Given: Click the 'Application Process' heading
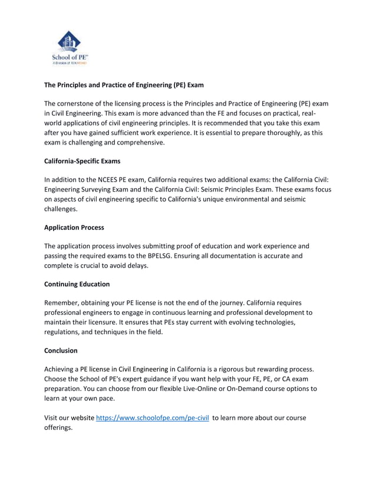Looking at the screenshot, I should pyautogui.click(x=74, y=227).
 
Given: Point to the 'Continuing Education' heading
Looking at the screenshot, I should pyautogui.click(x=77, y=284).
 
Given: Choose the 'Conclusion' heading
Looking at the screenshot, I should pyautogui.click(x=61, y=350).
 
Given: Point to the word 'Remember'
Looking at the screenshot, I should pyautogui.click(x=63, y=303).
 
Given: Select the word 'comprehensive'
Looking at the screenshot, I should pyautogui.click(x=140, y=142).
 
